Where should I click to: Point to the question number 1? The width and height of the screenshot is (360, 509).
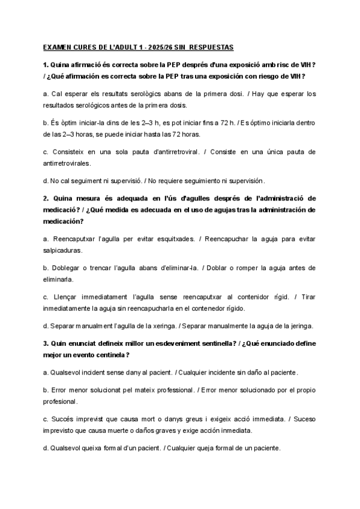tap(46, 65)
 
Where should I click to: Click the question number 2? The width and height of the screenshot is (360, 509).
tap(46, 198)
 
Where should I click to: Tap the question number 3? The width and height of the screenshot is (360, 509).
tap(46, 343)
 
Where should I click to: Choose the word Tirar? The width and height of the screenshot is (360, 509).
tap(307, 297)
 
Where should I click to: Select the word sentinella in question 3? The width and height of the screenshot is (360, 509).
tap(212, 343)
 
